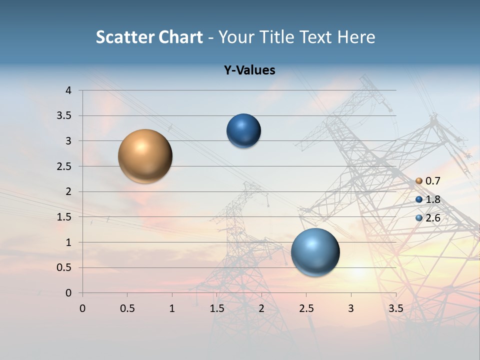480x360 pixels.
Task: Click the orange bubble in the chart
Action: click(145, 156)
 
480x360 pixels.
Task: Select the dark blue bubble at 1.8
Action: click(243, 131)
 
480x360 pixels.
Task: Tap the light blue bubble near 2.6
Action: click(315, 252)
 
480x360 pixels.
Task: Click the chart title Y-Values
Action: click(249, 70)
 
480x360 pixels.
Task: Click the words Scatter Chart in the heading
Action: click(149, 37)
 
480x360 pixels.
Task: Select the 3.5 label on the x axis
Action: click(395, 308)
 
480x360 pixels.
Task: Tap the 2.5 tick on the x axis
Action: click(306, 308)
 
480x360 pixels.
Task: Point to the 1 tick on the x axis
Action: click(172, 308)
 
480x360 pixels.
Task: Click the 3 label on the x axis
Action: click(351, 308)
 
